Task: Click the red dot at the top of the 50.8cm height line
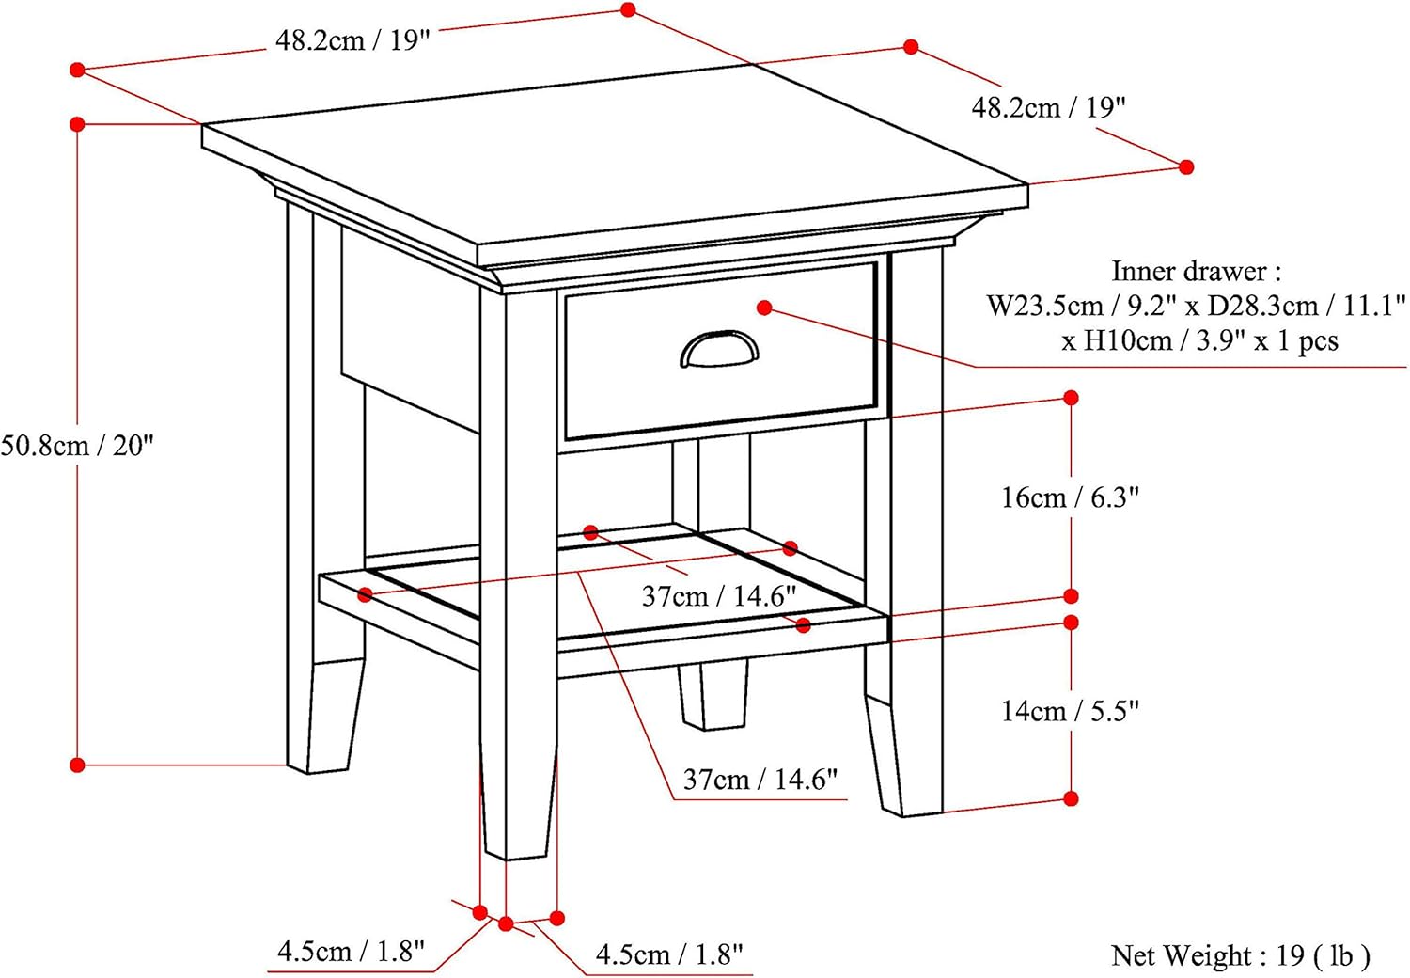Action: point(77,124)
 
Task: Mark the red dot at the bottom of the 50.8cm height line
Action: point(77,765)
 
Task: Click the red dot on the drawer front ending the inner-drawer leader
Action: point(764,308)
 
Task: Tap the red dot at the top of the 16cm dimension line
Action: point(1071,398)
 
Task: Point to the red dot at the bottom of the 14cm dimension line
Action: point(1071,799)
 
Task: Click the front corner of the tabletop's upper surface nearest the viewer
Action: point(478,245)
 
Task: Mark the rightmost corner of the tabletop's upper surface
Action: point(1028,184)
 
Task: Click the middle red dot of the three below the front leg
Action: point(506,924)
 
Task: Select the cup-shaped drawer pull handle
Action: point(719,349)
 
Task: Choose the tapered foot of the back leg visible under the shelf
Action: point(713,697)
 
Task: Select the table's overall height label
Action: point(77,446)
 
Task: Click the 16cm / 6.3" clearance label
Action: point(1070,497)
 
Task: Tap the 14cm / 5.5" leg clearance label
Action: point(1070,711)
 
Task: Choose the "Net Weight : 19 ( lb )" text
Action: point(1240,955)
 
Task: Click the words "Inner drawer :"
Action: point(1196,272)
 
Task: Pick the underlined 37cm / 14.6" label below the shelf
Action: point(760,780)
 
